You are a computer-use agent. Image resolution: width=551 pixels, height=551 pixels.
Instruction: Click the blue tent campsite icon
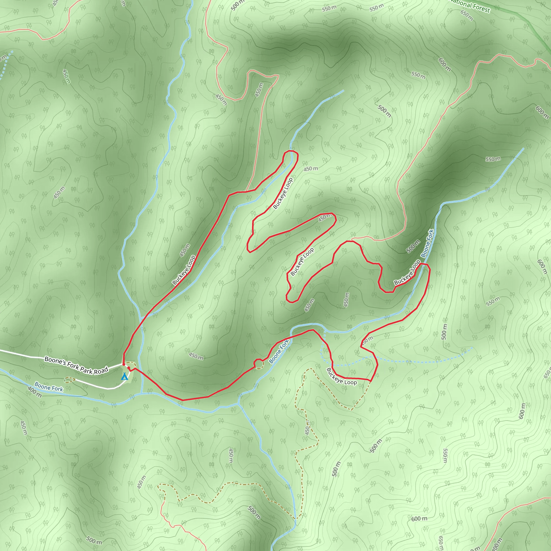[124, 377]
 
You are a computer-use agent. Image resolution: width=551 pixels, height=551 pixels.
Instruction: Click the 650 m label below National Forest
[467, 16]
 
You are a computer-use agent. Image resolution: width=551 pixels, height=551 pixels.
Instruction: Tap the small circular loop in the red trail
[258, 364]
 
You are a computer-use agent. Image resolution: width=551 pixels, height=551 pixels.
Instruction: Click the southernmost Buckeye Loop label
[341, 376]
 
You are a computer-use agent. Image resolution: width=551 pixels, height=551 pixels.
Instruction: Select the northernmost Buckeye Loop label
[283, 193]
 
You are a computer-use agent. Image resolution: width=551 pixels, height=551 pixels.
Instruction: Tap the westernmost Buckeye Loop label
[184, 270]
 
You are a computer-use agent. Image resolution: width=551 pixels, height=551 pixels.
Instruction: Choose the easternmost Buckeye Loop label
[407, 272]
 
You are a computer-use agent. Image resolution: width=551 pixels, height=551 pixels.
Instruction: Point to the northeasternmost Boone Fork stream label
[427, 243]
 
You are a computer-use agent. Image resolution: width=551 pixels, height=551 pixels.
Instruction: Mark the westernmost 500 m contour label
[94, 540]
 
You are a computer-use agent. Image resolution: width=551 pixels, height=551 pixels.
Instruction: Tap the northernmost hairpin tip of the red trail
[291, 151]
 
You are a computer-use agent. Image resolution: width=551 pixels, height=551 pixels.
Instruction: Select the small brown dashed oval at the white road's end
[70, 379]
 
